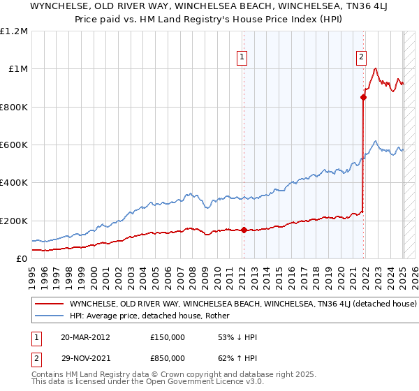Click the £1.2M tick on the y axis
click(14, 31)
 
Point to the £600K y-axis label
click(14, 145)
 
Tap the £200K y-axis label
click(14, 221)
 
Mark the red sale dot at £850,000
click(364, 98)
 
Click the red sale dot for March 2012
click(244, 230)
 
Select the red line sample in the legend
click(49, 304)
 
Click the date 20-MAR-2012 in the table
click(85, 337)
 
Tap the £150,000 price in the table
click(167, 337)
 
